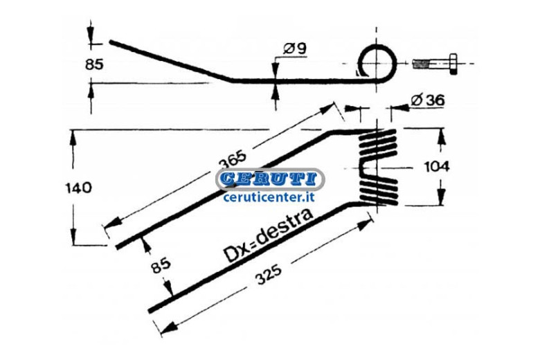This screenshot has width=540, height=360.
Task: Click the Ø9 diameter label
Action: click(295, 48)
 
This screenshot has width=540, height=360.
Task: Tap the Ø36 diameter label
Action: click(428, 100)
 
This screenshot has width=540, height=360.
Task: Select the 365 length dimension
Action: click(233, 159)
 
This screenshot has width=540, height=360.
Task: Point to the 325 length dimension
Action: click(269, 274)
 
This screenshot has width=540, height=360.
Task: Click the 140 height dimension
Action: click(78, 188)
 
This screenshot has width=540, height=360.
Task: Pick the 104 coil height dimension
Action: click(437, 167)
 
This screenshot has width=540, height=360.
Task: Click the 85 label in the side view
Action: click(94, 64)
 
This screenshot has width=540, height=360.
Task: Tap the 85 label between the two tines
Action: click(161, 265)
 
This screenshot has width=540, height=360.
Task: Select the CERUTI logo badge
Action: click(270, 179)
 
